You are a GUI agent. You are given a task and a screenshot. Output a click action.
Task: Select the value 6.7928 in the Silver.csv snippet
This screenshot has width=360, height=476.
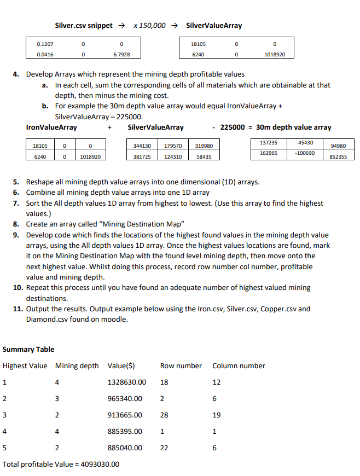pyautogui.click(x=120, y=55)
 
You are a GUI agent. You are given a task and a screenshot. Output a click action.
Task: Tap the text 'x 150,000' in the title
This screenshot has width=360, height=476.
pyautogui.click(x=149, y=25)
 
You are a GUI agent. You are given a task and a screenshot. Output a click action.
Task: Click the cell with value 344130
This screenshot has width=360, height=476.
pyautogui.click(x=142, y=146)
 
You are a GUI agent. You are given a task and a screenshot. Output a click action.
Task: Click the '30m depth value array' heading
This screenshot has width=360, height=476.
pyautogui.click(x=294, y=127)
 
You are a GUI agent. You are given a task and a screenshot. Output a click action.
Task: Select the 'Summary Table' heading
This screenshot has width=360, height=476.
pyautogui.click(x=28, y=349)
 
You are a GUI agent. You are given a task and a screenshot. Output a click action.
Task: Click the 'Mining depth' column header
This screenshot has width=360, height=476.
pyautogui.click(x=77, y=365)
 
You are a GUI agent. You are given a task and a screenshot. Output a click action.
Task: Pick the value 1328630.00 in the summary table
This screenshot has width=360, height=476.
pyautogui.click(x=127, y=382)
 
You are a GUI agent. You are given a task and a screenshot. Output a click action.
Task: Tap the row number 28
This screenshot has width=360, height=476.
pyautogui.click(x=164, y=415)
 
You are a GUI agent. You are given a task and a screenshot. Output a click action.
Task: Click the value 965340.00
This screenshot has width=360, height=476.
pyautogui.click(x=125, y=398)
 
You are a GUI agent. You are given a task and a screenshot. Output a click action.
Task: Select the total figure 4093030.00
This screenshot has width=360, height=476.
pyautogui.click(x=100, y=464)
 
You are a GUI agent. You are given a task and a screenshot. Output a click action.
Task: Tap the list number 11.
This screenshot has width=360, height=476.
pyautogui.click(x=18, y=309)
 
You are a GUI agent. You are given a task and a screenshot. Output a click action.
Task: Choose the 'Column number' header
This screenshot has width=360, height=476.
pyautogui.click(x=239, y=365)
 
